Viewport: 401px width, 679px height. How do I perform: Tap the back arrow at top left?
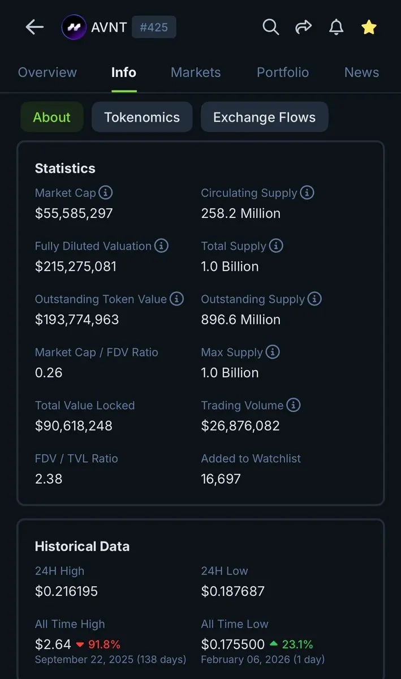pos(35,27)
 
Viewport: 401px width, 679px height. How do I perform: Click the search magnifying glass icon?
pos(271,27)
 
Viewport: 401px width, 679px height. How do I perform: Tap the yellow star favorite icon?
pos(369,27)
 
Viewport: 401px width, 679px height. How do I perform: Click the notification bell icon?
pos(336,27)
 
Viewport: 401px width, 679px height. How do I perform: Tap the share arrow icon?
pos(304,27)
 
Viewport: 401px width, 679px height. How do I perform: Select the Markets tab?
pos(196,72)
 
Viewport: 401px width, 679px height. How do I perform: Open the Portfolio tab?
pos(283,72)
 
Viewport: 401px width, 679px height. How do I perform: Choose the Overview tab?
pos(48,72)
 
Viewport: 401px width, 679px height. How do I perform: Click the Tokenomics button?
pos(142,117)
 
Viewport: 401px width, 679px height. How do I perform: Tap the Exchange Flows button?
pos(264,117)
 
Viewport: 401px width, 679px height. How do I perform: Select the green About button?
pos(52,117)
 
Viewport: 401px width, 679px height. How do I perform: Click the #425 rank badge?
pos(154,27)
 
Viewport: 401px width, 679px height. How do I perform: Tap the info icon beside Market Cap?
pos(106,192)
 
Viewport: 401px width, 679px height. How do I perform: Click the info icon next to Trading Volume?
pos(294,405)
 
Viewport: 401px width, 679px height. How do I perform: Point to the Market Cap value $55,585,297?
pos(74,213)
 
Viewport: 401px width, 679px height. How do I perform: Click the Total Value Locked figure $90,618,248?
pos(74,426)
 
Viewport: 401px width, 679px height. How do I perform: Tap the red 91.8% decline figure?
pos(104,644)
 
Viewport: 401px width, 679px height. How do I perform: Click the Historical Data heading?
pos(82,546)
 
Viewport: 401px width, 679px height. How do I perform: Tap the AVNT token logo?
pos(74,27)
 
